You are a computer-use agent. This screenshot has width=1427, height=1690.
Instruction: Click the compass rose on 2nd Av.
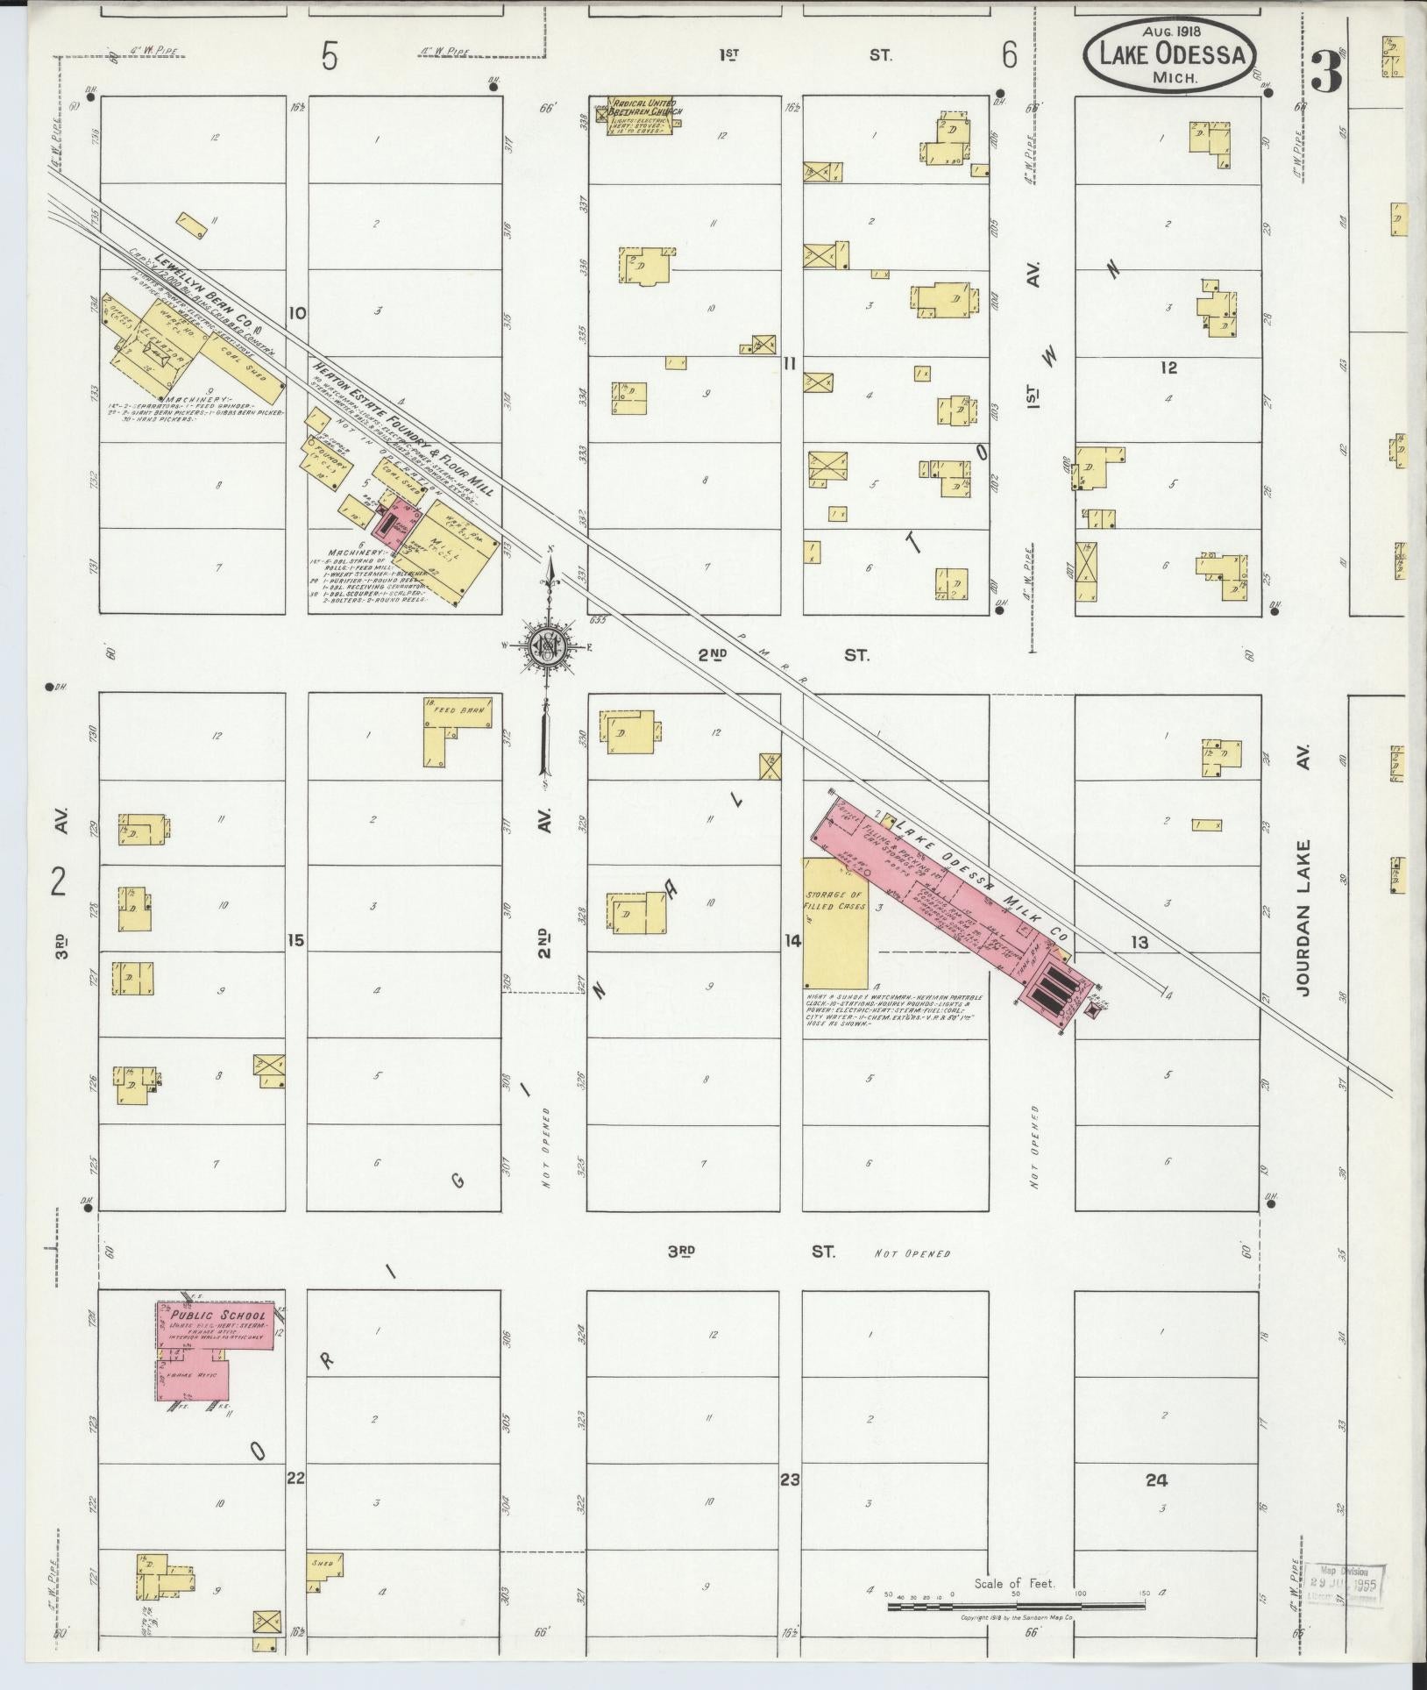click(548, 647)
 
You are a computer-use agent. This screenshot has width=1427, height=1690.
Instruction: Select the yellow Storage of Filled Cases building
click(835, 922)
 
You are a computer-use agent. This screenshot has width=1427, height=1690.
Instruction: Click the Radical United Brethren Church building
click(642, 116)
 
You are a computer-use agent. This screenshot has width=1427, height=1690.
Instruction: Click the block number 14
click(792, 941)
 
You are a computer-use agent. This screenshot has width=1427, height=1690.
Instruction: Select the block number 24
click(1156, 1480)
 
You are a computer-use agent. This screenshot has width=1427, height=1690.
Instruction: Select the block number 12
click(1168, 367)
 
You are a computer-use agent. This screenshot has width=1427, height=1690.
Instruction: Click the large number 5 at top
click(329, 57)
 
